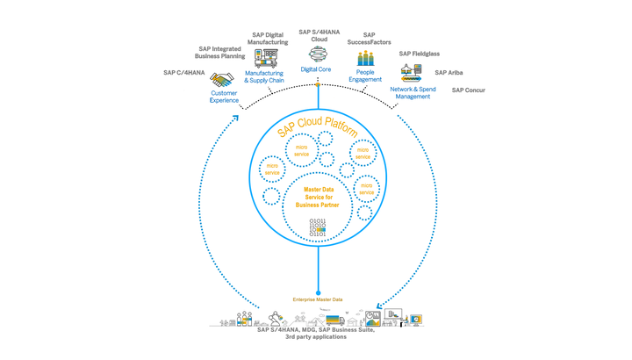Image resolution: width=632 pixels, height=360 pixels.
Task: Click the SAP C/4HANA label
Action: (x=184, y=73)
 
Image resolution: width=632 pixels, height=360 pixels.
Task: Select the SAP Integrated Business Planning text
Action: (x=220, y=53)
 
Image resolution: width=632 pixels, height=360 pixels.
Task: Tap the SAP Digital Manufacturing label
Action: (x=268, y=39)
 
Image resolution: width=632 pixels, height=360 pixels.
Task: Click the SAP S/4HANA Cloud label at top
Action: (x=319, y=35)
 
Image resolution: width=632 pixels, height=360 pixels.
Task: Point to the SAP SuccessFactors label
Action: (x=369, y=39)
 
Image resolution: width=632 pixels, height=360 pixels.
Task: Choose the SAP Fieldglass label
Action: (x=419, y=54)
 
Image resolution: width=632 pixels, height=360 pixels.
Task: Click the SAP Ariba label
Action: (x=449, y=73)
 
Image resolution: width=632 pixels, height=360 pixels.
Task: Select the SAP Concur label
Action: (x=468, y=90)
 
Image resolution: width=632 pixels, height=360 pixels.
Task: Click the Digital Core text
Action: (x=316, y=69)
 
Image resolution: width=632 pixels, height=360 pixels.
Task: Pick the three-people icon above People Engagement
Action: (x=365, y=59)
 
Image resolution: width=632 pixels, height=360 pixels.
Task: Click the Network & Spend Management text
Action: (x=413, y=92)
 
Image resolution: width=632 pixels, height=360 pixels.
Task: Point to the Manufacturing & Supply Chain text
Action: (x=264, y=77)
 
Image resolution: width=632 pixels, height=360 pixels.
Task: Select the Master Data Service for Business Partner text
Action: (x=319, y=197)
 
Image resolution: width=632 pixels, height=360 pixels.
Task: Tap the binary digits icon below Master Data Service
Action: (x=318, y=227)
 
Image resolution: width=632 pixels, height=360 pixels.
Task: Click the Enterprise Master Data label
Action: (x=318, y=299)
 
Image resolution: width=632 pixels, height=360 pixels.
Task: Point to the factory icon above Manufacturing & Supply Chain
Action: (x=265, y=59)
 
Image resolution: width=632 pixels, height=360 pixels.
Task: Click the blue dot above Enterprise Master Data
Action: (x=318, y=292)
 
